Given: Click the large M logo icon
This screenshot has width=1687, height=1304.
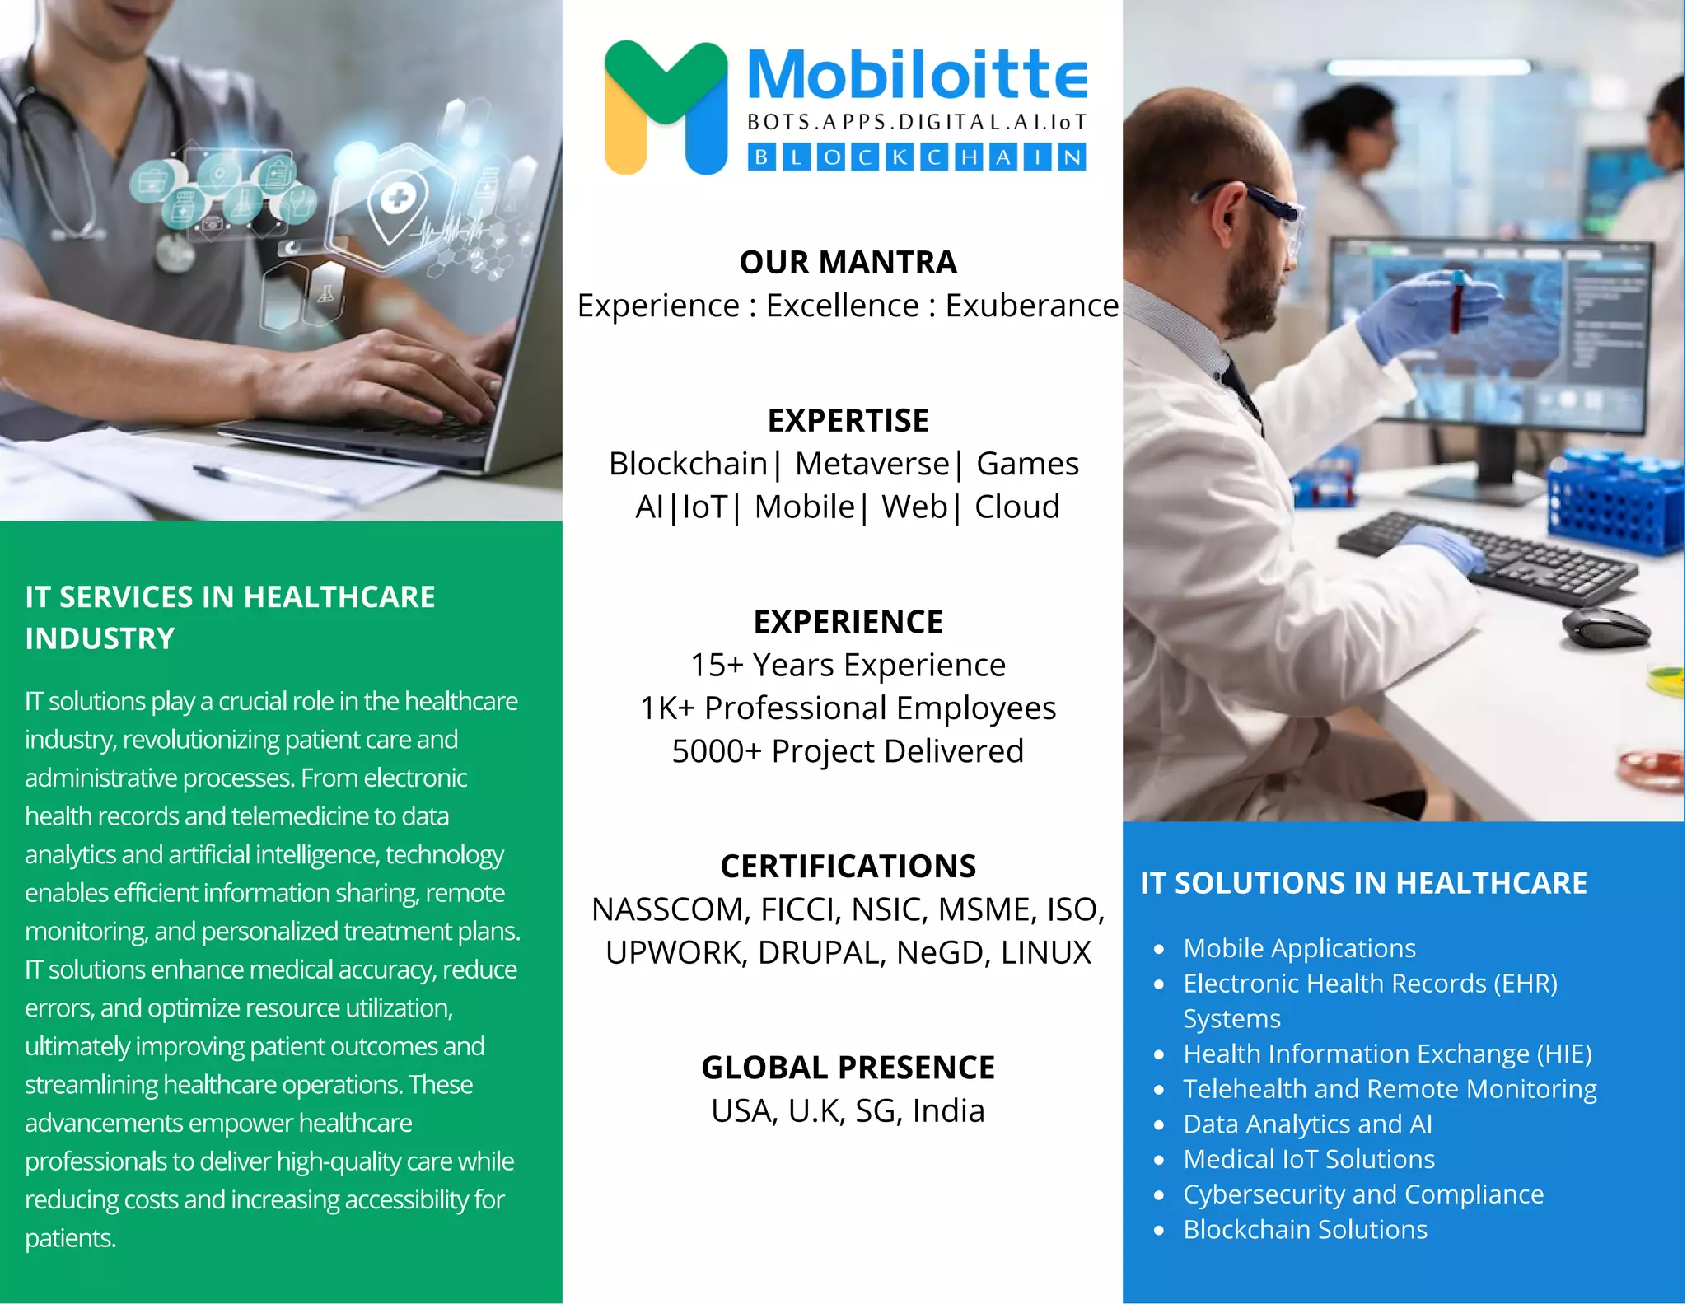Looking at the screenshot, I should click(666, 107).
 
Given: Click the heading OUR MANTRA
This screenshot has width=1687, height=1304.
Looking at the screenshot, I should click(848, 262).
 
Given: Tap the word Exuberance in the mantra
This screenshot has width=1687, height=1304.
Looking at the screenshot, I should click(1031, 306).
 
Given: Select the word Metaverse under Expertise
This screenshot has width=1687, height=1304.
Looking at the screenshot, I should click(872, 464).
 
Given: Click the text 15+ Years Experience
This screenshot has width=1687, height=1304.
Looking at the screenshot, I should click(848, 665).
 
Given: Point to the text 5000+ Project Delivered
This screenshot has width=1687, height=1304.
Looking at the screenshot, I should click(848, 751).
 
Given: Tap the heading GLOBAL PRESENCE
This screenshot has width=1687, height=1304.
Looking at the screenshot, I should click(848, 1068).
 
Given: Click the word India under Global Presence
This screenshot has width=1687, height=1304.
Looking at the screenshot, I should click(948, 1111).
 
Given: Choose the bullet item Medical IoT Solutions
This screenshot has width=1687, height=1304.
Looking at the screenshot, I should click(1308, 1159).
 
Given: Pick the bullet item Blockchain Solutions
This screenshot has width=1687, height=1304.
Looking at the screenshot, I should click(1305, 1229).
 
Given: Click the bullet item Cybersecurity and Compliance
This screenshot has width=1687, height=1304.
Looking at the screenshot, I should click(1362, 1194).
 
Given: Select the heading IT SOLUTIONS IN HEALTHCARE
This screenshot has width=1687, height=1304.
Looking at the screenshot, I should click(1362, 883).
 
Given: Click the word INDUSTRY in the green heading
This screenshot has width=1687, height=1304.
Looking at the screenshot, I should click(100, 638).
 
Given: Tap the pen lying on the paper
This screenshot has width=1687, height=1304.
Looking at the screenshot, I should click(272, 484).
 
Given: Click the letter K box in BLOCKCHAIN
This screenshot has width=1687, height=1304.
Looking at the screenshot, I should click(900, 157).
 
